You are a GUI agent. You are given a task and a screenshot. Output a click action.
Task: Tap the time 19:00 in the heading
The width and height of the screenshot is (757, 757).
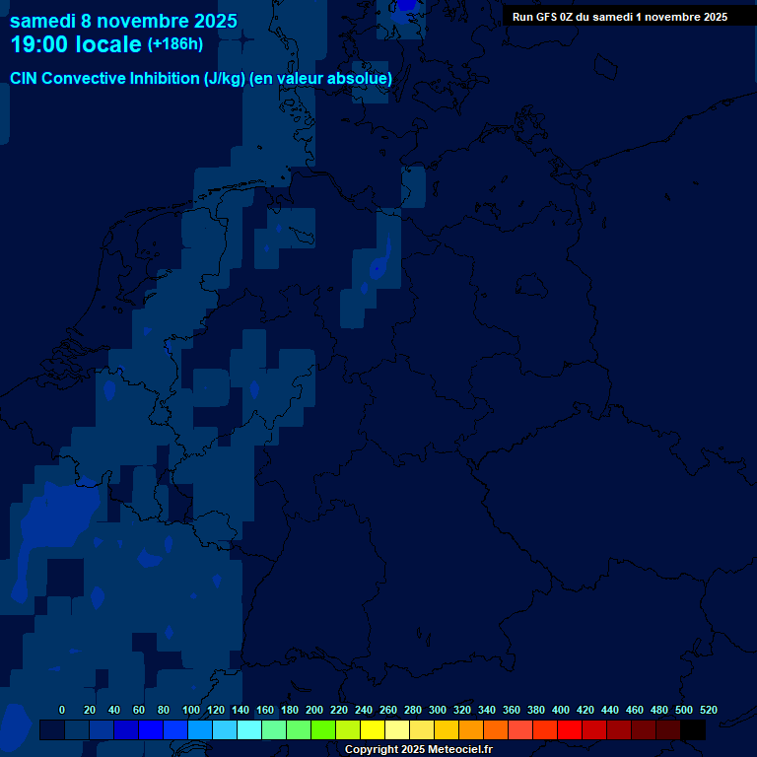pyautogui.click(x=41, y=44)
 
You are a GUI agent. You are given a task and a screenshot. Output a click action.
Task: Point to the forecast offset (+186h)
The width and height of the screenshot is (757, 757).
pyautogui.click(x=175, y=44)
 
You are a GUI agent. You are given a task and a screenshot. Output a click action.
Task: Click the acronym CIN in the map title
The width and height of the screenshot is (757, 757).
pyautogui.click(x=25, y=79)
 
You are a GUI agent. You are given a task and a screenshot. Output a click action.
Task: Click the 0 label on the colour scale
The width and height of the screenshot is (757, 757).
pyautogui.click(x=62, y=710)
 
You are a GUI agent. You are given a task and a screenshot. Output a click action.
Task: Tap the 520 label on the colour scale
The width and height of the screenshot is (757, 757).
pyautogui.click(x=708, y=710)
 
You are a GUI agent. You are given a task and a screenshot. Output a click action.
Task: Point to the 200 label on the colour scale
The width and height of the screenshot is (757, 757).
pyautogui.click(x=314, y=710)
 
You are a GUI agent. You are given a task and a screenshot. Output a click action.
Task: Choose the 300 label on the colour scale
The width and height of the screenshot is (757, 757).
pyautogui.click(x=437, y=710)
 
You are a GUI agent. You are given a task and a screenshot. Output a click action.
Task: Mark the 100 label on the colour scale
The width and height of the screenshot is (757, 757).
pyautogui.click(x=191, y=710)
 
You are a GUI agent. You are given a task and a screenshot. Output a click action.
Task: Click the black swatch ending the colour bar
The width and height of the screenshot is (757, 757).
pyautogui.click(x=693, y=730)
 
